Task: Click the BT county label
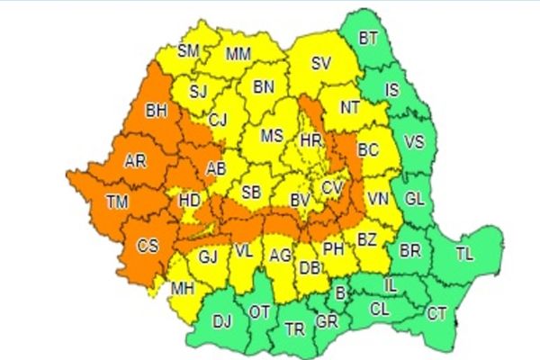368,39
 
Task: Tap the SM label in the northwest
188,51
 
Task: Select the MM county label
238,54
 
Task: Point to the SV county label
320,64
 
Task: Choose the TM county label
116,201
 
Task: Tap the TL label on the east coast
464,255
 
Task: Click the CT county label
437,314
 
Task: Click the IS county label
391,90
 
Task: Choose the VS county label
414,142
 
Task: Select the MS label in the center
272,137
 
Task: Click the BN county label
264,87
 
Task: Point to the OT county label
260,311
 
